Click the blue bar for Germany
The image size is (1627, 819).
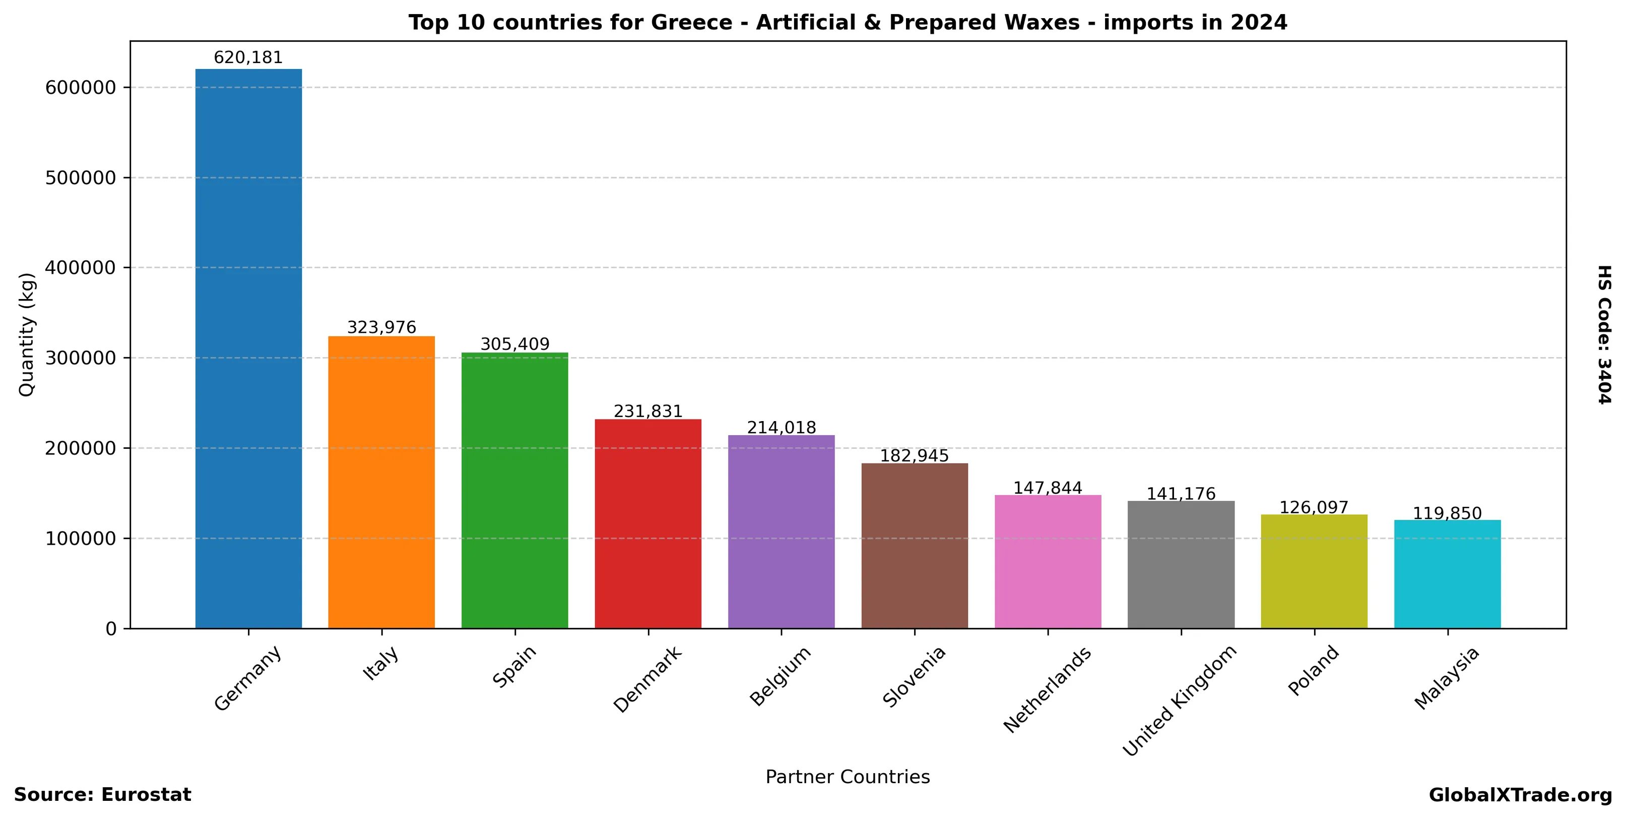248,348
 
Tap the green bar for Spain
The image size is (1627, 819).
515,490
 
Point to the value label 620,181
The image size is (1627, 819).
248,57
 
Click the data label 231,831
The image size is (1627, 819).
648,412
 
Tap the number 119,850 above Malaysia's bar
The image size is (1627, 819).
1447,513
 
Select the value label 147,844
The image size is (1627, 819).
1048,488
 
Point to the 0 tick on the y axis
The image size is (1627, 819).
111,629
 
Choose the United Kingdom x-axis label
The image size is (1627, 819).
1179,700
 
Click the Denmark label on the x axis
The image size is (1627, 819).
648,679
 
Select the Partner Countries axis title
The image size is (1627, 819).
848,777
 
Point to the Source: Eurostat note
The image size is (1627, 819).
102,795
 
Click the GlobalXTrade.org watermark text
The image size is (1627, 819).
1520,795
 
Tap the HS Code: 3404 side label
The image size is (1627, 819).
1605,335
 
